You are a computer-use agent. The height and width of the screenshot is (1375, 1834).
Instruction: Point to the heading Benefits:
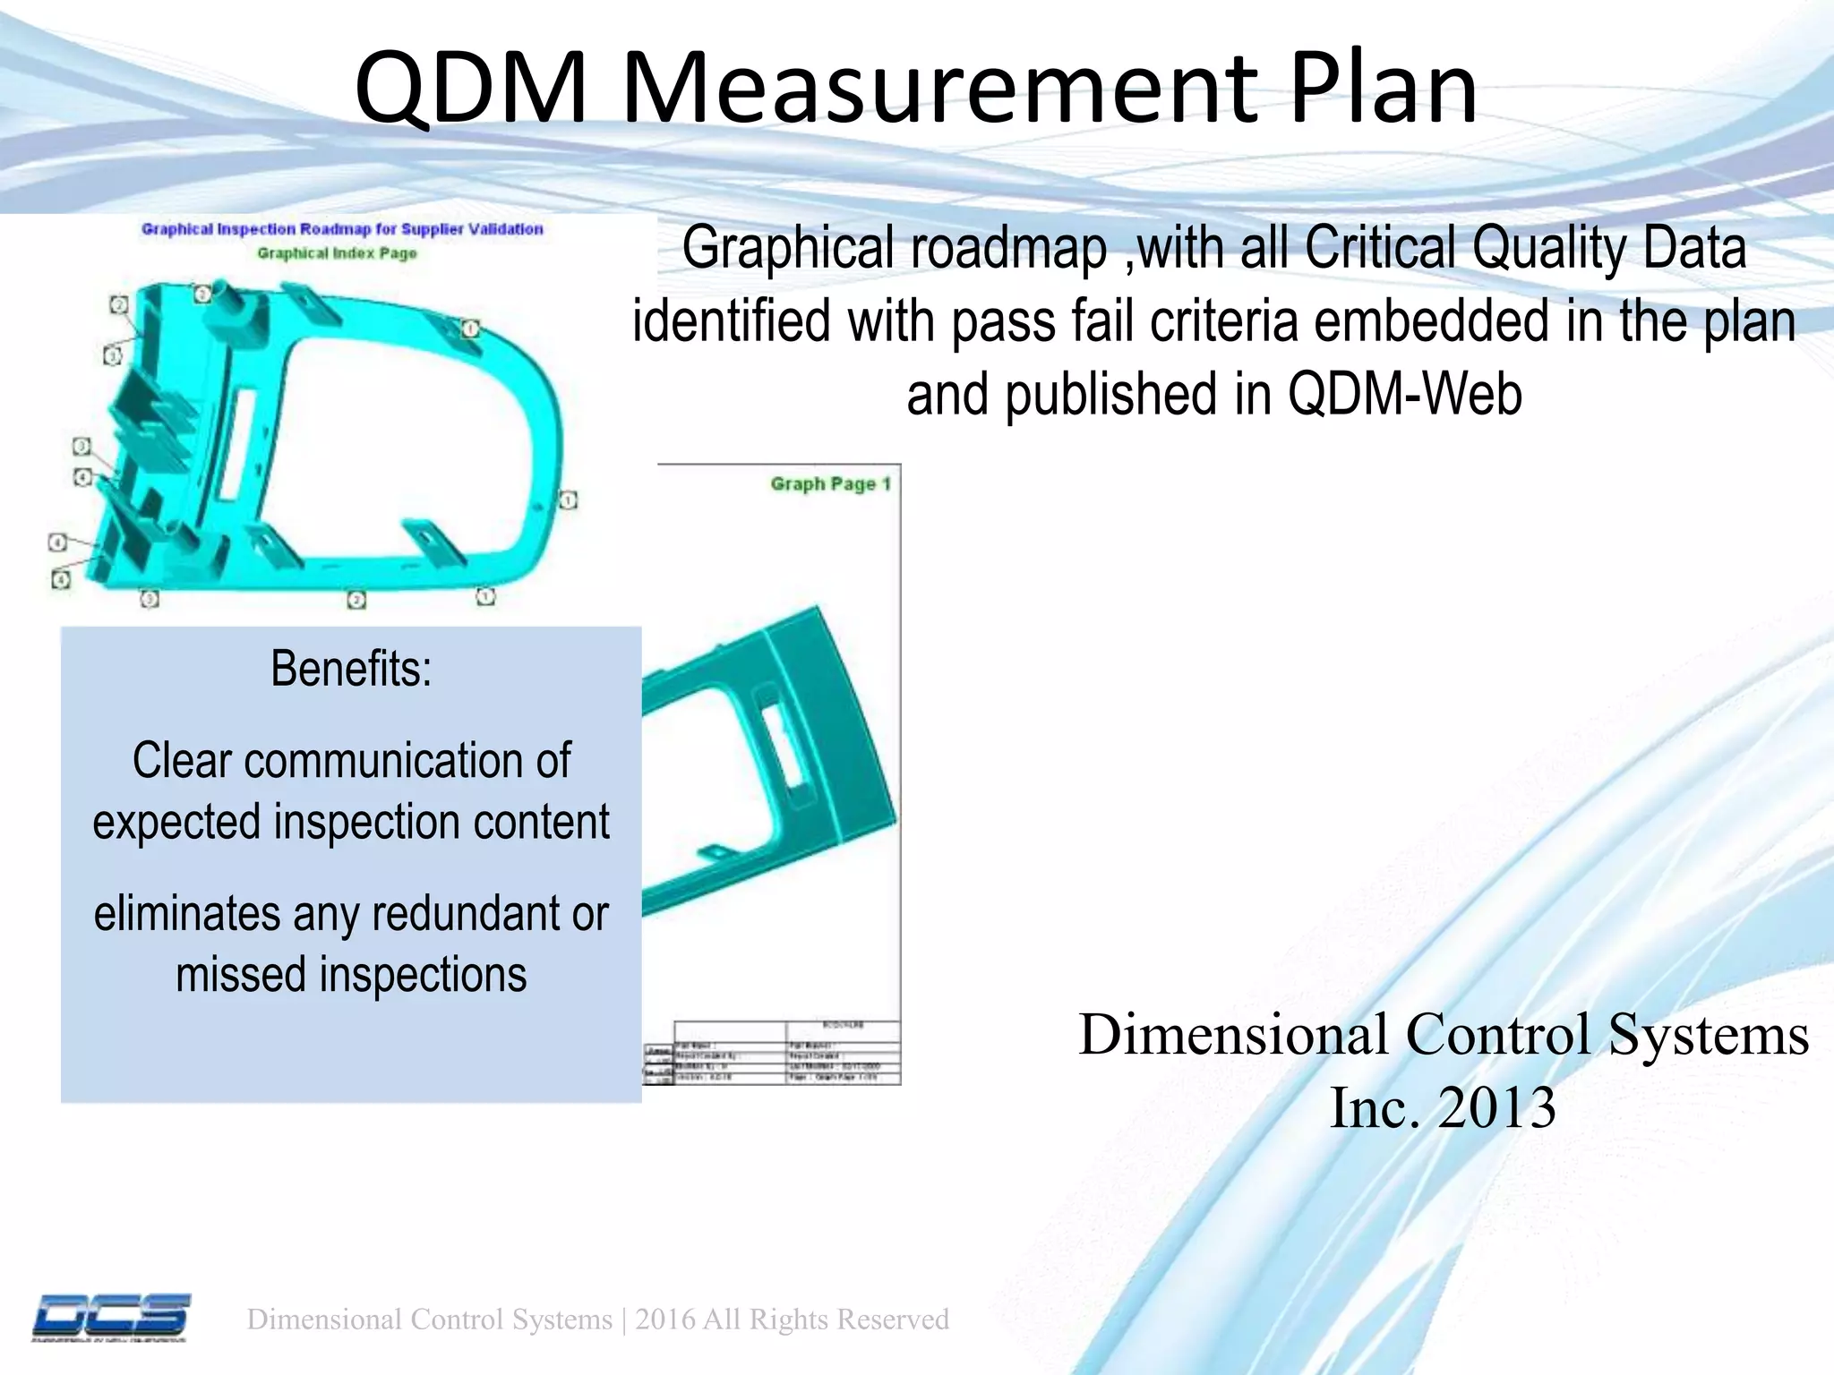pyautogui.click(x=351, y=669)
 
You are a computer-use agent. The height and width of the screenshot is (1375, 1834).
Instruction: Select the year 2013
pyautogui.click(x=1496, y=1108)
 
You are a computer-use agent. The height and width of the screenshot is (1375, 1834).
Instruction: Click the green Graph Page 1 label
pyautogui.click(x=830, y=484)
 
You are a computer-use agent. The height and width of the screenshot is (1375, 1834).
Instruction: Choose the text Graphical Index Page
pyautogui.click(x=337, y=253)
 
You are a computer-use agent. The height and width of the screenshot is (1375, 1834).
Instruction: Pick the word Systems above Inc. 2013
pyautogui.click(x=1708, y=1035)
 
